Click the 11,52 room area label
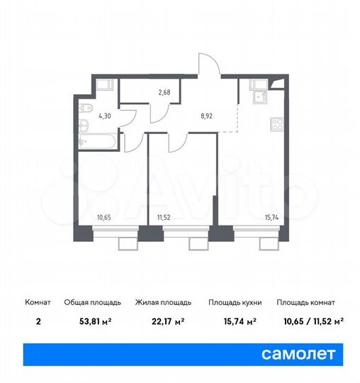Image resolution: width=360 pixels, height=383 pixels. point(164,217)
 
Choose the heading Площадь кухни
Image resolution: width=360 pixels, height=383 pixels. point(235,303)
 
